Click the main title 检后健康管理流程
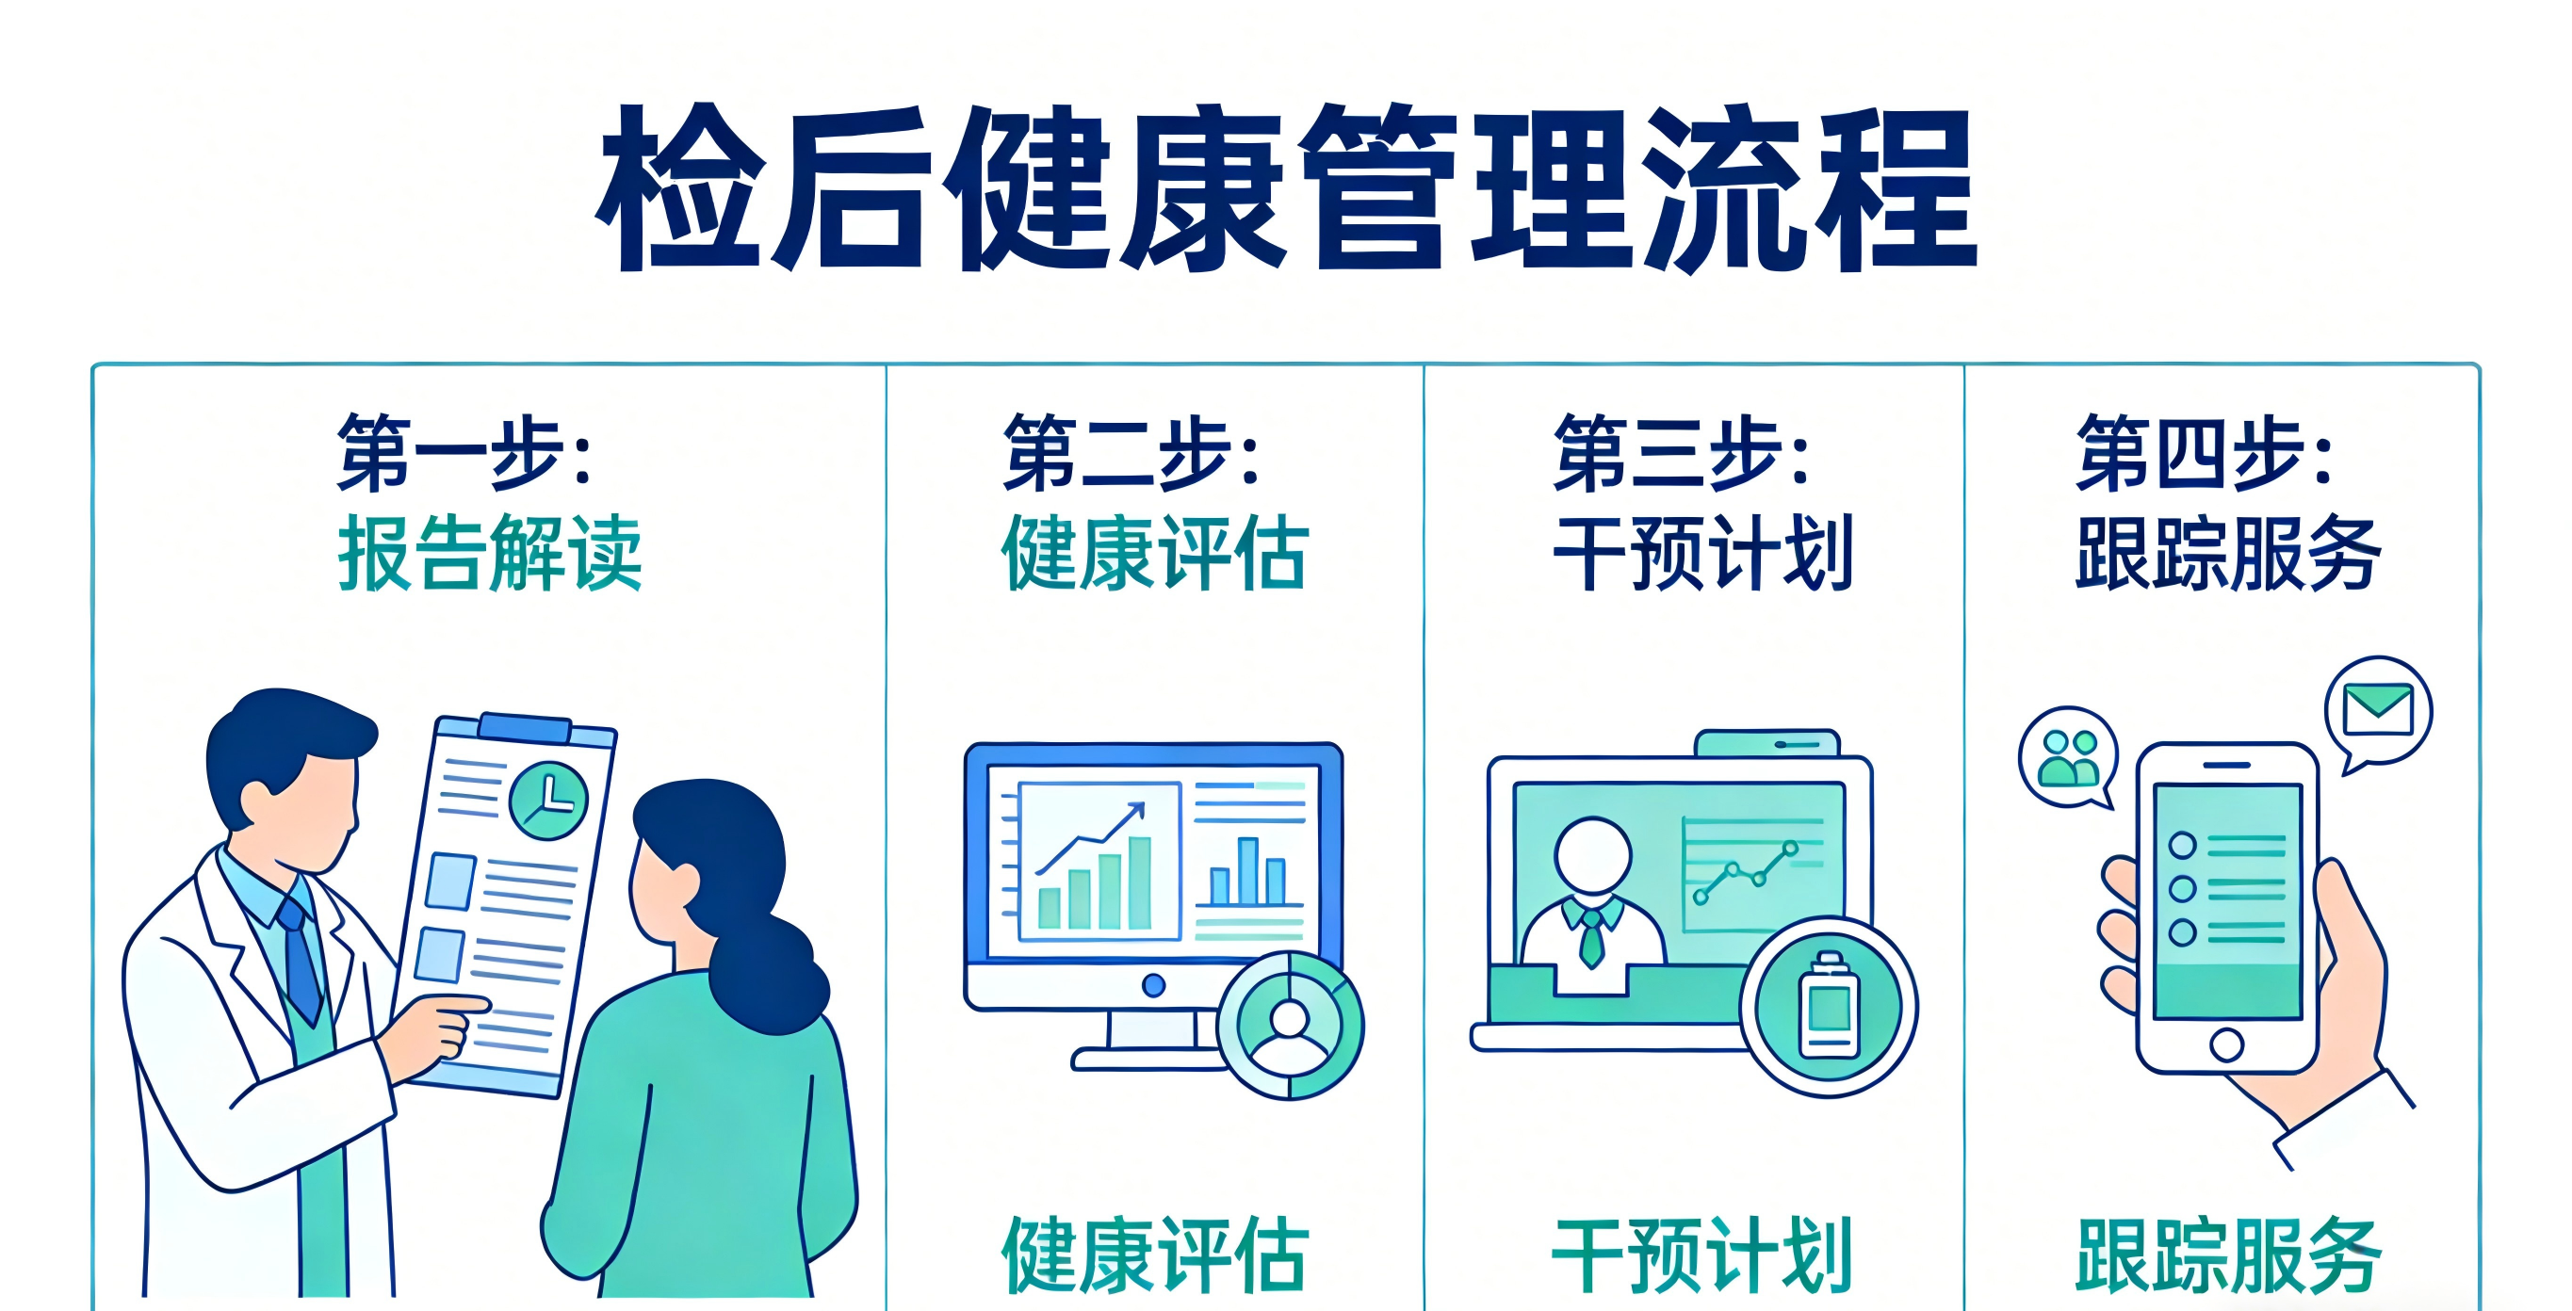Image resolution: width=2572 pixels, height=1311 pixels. pos(1286,187)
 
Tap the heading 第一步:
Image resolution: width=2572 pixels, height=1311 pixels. pos(465,452)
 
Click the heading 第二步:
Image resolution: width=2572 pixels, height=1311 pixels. pos(1131,452)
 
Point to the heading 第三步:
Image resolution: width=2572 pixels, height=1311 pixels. pos(1683,452)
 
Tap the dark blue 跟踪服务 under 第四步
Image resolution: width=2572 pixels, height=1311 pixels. pos(2228,552)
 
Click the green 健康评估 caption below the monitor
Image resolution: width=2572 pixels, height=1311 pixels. pos(1155,1254)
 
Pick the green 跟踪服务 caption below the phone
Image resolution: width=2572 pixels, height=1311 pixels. pos(2228,1254)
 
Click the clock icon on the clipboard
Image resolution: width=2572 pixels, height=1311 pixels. pos(548,800)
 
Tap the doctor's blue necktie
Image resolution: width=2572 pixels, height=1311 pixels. pos(301,959)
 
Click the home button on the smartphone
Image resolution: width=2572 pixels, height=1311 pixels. pos(2226,1045)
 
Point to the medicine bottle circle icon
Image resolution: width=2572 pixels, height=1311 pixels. pos(1828,1007)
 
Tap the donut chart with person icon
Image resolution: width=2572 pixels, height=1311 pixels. pos(1290,1026)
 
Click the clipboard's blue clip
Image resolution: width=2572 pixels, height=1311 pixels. pos(525,727)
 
